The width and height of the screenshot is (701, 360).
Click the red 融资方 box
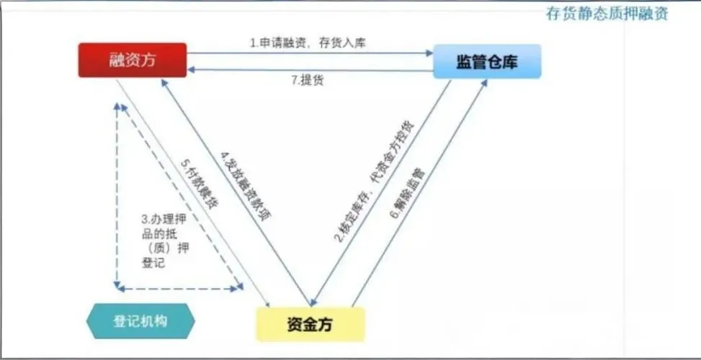click(x=133, y=60)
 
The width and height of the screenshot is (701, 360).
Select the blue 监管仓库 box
click(x=487, y=62)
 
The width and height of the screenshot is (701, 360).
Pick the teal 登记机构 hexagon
click(x=140, y=321)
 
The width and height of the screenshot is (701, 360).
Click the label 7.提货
click(x=308, y=80)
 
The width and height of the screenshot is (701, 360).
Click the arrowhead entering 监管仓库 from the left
click(x=428, y=52)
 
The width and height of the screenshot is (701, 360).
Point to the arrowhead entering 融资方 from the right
click(x=192, y=70)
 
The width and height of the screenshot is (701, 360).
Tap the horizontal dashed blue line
click(x=180, y=288)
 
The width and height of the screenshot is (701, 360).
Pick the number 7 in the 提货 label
click(x=295, y=80)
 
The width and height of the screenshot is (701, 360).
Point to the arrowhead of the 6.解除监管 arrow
click(x=483, y=84)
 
